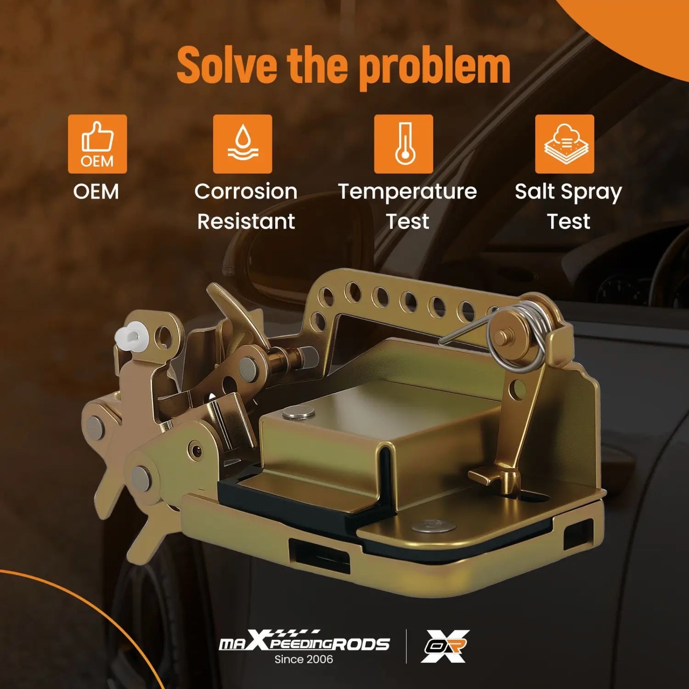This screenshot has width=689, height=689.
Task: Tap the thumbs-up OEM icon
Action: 97,144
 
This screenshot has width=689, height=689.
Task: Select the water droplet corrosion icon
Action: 243,144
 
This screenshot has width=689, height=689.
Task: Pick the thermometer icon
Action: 403,144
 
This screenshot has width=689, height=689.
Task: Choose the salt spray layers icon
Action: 565,144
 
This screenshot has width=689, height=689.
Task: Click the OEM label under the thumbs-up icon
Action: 96,192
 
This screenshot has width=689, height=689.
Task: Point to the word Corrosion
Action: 246,192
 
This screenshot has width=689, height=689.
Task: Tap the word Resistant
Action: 246,221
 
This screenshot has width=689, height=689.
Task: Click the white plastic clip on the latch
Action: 130,335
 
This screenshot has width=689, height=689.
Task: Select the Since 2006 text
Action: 304,659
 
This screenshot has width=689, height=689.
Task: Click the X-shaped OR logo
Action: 446,646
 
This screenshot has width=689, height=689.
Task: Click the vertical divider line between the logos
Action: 406,646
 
